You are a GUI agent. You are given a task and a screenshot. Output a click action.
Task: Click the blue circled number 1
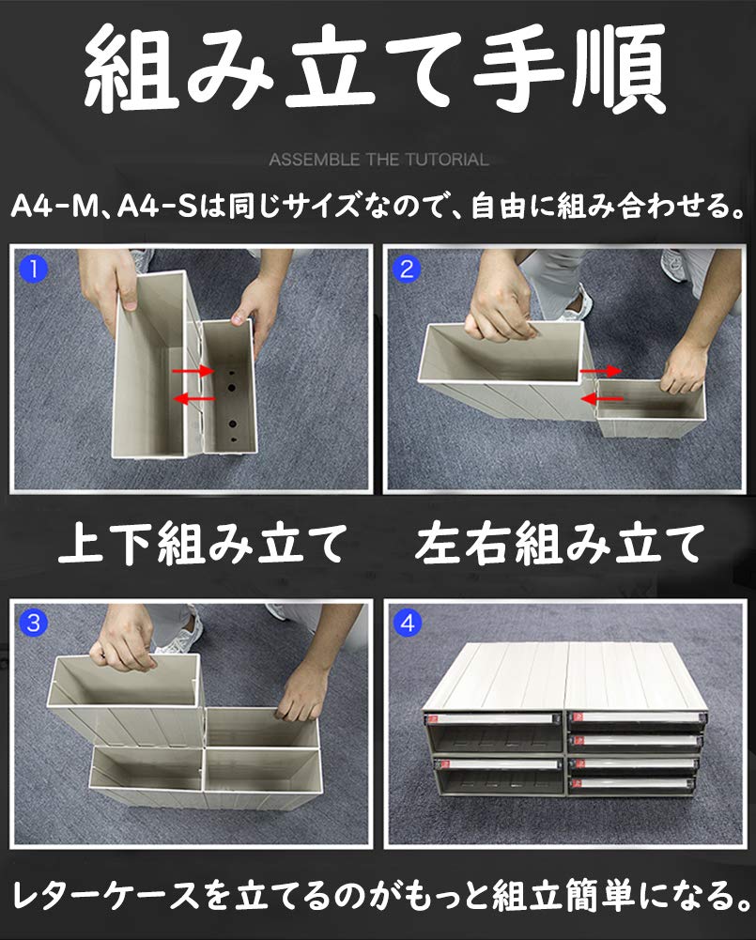coord(34,269)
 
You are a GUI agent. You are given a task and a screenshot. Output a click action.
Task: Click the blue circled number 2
coord(407,269)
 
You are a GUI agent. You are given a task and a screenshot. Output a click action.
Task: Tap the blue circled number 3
coord(34,623)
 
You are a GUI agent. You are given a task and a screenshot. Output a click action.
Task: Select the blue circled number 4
coord(407,623)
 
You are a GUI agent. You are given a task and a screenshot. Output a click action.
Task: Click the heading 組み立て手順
coord(376,68)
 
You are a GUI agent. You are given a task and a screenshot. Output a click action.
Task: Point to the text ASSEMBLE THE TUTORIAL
coord(378,160)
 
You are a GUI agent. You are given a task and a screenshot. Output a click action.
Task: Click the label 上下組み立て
coord(203,543)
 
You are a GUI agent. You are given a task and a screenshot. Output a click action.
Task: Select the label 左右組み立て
coord(559,543)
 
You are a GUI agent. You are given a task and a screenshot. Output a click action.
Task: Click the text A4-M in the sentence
coord(54,207)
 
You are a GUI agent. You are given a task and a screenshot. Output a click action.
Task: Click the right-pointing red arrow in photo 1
coord(193,371)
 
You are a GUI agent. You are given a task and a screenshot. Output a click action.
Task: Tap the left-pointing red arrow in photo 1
coord(193,398)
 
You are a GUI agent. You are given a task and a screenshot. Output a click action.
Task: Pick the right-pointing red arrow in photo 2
coord(601,372)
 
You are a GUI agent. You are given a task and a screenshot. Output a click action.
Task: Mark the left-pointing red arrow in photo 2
coord(602,398)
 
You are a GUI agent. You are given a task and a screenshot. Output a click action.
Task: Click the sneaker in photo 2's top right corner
coord(675,264)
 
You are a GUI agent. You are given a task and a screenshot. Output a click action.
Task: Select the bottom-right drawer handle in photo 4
coord(634,783)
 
